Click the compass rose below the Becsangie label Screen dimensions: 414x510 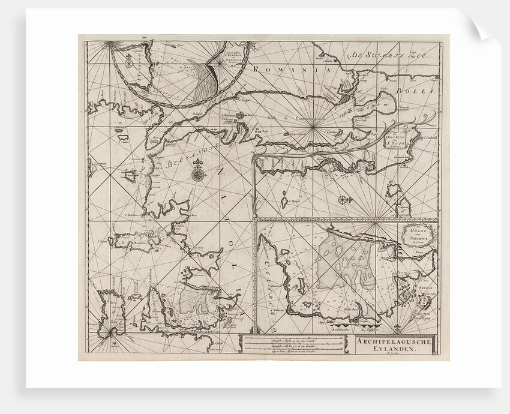pyautogui.click(x=198, y=175)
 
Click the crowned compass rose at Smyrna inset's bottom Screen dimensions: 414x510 pyautogui.click(x=397, y=328)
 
